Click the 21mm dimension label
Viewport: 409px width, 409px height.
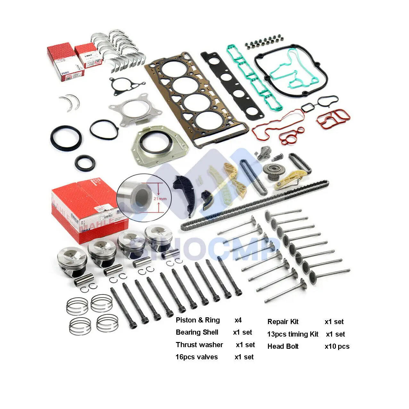coord(160,199)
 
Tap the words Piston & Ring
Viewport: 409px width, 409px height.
coord(198,320)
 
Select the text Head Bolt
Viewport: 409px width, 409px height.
coord(283,346)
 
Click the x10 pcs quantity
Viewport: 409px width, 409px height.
coord(337,346)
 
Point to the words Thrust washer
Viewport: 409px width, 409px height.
coord(199,345)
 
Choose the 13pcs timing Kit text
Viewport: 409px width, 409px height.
coord(293,334)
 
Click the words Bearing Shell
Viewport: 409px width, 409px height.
coord(197,332)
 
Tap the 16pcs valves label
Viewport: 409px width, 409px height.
coord(196,357)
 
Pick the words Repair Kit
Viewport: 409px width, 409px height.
coord(283,321)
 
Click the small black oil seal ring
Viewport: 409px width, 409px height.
coord(85,163)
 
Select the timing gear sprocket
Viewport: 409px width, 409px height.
coord(271,172)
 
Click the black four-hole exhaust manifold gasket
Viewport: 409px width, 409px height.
coord(232,86)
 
